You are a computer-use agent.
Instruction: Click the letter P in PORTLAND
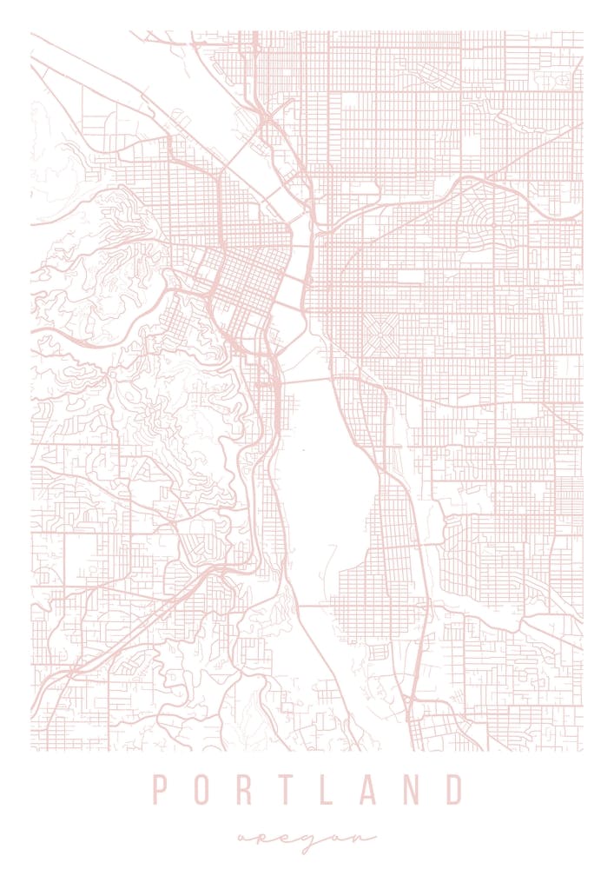(x=160, y=789)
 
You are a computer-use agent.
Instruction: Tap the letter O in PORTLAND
(x=203, y=789)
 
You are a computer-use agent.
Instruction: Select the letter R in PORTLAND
(x=246, y=789)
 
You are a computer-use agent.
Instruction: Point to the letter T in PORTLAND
(x=287, y=789)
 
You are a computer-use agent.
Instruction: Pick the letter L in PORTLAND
(x=328, y=789)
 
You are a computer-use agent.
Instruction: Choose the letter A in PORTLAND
(x=368, y=789)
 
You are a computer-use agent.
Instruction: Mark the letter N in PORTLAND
(x=411, y=789)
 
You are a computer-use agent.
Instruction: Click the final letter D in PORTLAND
(x=454, y=789)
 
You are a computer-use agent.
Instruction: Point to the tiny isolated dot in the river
(x=304, y=450)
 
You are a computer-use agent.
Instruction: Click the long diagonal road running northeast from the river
(x=417, y=209)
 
